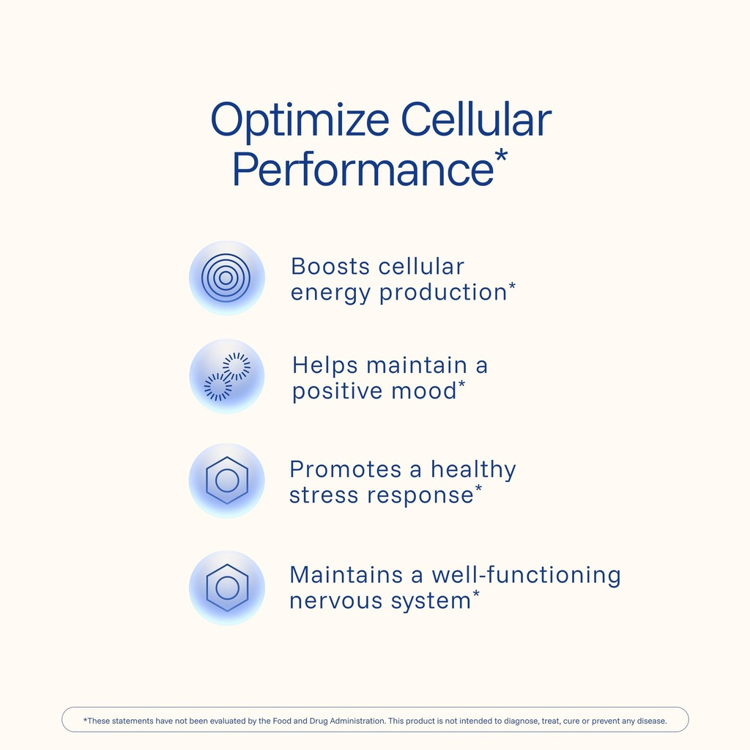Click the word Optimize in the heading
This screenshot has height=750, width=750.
pos(298,121)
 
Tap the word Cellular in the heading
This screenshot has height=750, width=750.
pos(476,121)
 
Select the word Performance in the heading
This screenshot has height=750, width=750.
pos(362,168)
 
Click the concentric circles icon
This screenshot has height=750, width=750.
pos(226,278)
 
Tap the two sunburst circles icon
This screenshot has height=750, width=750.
pos(226,376)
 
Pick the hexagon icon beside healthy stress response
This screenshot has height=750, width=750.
pos(226,480)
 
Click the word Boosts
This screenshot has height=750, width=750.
pos(330,266)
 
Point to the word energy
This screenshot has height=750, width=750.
pos(330,292)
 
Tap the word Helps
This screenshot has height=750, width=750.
pos(324,365)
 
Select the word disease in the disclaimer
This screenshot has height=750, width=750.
pos(650,721)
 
